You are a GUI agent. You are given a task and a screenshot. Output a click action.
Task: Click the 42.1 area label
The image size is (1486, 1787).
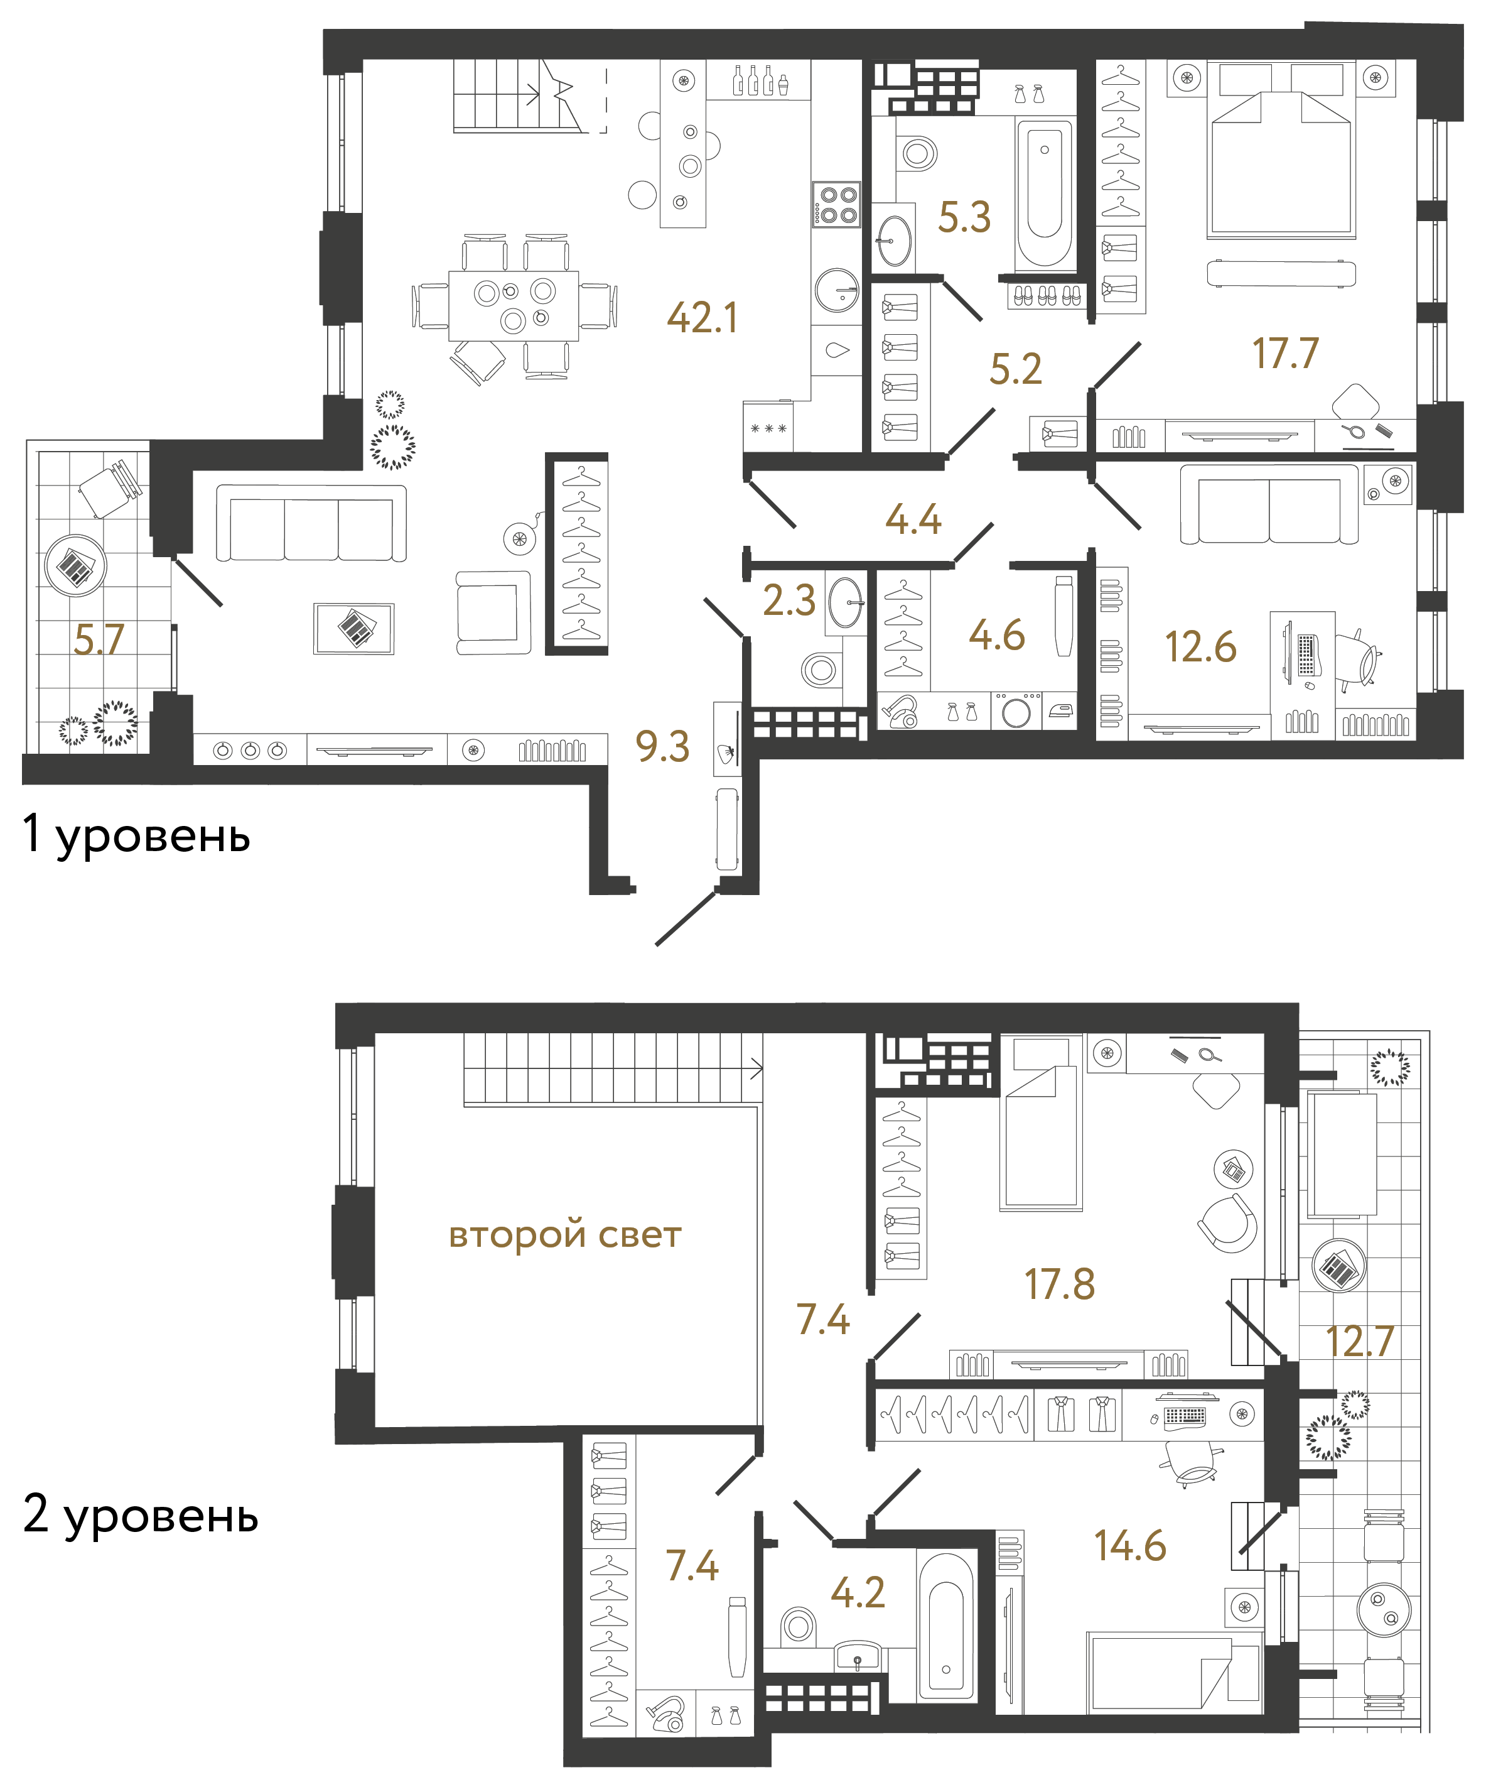(x=702, y=318)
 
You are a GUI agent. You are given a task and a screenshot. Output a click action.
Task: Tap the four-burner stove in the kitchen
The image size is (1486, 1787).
(x=836, y=204)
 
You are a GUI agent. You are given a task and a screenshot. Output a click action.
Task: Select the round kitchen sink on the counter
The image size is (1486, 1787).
(x=837, y=290)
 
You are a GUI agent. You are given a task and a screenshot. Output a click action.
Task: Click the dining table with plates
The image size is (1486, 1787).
(x=514, y=305)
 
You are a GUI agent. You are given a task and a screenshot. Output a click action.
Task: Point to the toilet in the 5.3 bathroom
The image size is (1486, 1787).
(x=917, y=154)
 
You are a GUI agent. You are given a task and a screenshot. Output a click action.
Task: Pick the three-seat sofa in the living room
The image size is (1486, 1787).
(x=311, y=523)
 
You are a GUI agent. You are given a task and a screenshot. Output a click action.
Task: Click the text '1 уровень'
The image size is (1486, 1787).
(x=136, y=835)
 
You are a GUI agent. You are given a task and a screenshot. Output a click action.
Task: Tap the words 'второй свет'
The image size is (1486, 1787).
(x=565, y=1235)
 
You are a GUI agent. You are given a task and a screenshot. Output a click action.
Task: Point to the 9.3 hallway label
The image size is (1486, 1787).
(x=662, y=746)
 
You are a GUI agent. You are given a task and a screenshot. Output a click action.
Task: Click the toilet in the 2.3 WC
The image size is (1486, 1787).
(x=820, y=670)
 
